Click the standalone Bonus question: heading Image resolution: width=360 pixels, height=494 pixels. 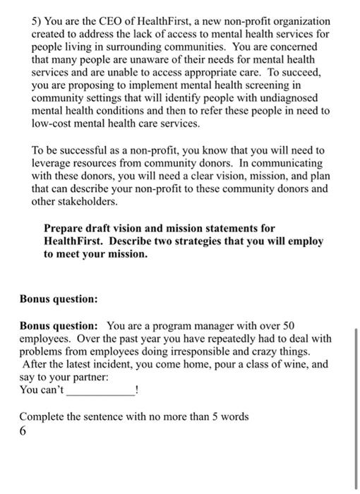pyautogui.click(x=58, y=299)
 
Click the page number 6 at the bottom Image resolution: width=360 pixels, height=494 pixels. pyautogui.click(x=23, y=430)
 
